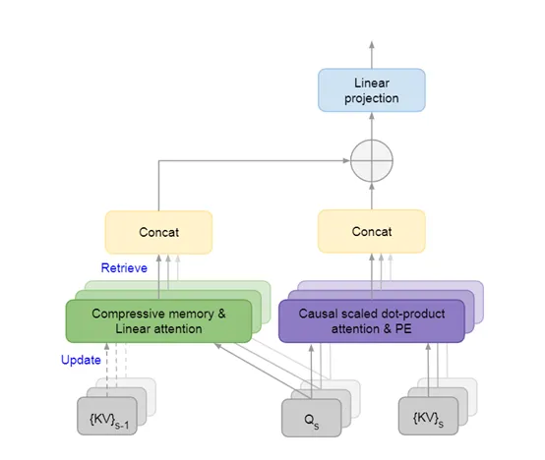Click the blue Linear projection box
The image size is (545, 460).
click(372, 90)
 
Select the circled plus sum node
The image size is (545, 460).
click(372, 161)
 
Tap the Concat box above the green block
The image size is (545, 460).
click(158, 232)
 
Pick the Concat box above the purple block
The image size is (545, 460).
click(372, 232)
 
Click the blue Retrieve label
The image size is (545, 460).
click(124, 268)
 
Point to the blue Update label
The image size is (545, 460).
click(81, 360)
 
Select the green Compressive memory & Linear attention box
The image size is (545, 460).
click(158, 321)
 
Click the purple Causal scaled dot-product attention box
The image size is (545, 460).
click(372, 321)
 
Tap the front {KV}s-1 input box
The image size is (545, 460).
click(107, 416)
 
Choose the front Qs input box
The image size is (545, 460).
click(312, 418)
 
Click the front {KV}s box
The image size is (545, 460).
click(428, 416)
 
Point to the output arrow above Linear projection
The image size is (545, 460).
click(372, 55)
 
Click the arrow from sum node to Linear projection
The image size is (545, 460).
click(372, 126)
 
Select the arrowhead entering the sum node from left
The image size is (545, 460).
click(346, 160)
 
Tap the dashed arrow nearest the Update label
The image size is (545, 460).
click(107, 371)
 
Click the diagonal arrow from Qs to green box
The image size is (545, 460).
click(263, 372)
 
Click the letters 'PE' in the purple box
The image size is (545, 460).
click(403, 328)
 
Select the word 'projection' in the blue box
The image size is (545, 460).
click(372, 98)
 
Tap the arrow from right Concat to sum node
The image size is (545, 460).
click(372, 197)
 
